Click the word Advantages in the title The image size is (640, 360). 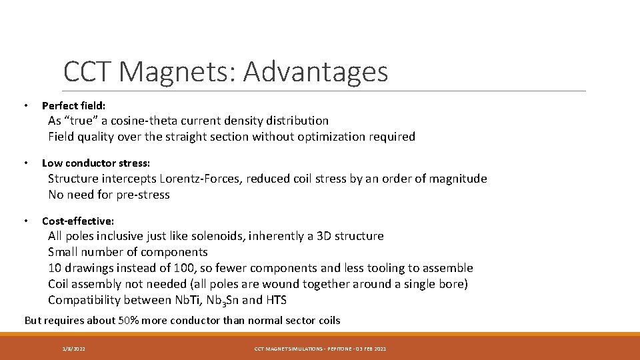coord(315,72)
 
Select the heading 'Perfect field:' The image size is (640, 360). coord(73,105)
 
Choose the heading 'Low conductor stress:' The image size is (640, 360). coord(96,163)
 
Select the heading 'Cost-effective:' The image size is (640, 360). coord(78,221)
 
